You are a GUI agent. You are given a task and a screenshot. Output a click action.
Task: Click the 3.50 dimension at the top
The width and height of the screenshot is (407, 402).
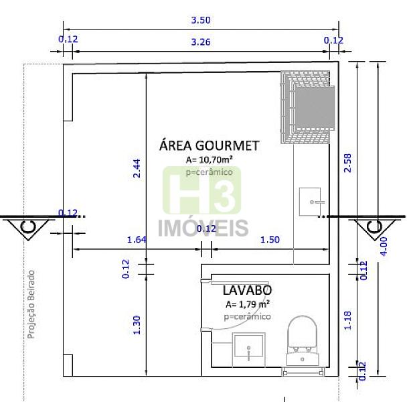click(x=201, y=20)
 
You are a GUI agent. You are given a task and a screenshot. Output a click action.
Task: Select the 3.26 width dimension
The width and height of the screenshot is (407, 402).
click(x=201, y=42)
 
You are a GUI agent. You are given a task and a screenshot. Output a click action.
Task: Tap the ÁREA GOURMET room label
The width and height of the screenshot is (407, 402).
click(x=210, y=145)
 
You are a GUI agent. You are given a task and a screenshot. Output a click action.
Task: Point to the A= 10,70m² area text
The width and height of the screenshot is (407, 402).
click(x=210, y=159)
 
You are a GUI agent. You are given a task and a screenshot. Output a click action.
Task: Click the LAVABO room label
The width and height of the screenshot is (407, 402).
click(x=247, y=290)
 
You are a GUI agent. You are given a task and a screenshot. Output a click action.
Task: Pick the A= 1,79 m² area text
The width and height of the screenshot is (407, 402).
click(x=248, y=304)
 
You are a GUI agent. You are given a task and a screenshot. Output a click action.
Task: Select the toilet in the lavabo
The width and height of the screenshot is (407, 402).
click(x=303, y=340)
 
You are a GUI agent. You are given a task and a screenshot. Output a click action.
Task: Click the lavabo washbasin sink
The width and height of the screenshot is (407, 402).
click(x=248, y=348)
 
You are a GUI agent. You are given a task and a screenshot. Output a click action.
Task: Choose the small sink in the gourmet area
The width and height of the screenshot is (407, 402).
click(x=310, y=202)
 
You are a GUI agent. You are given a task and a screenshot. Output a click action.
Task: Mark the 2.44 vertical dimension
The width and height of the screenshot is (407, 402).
click(x=137, y=168)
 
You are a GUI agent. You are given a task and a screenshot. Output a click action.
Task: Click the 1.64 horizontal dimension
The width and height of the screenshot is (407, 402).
click(x=137, y=239)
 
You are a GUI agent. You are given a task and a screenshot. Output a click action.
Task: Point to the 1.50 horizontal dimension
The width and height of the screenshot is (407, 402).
click(x=270, y=239)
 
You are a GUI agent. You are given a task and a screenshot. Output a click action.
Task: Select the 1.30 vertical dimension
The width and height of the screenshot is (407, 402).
click(x=137, y=325)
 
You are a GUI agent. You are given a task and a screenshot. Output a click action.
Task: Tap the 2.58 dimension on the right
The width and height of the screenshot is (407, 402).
click(x=347, y=163)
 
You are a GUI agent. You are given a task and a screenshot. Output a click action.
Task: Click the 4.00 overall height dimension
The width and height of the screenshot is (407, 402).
click(x=384, y=247)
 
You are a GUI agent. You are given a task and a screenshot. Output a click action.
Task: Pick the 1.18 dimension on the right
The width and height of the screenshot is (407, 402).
click(x=347, y=320)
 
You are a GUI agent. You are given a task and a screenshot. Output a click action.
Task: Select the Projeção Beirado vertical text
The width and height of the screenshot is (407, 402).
click(x=31, y=305)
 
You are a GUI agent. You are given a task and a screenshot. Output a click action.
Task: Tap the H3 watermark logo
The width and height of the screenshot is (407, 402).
click(x=202, y=191)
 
